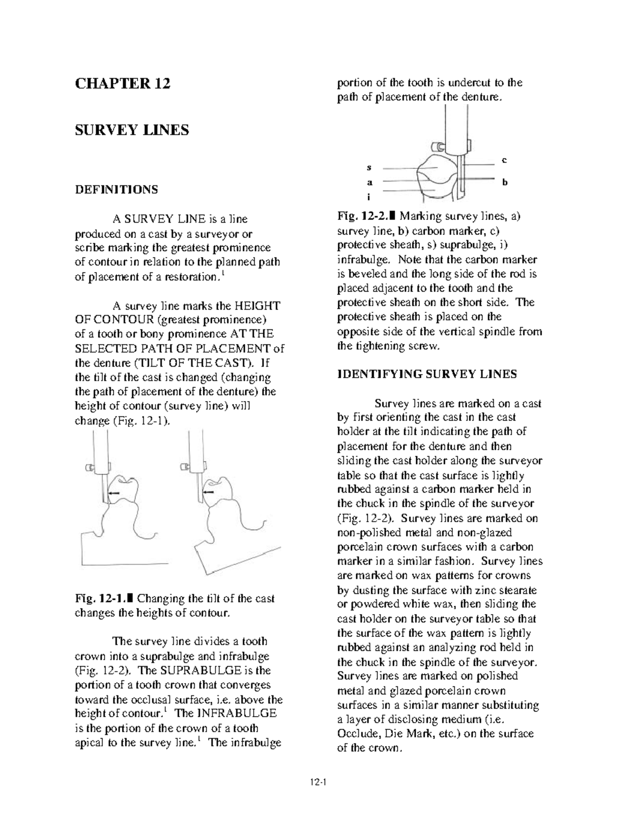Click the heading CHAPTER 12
[x=123, y=83]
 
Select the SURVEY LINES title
[x=132, y=130]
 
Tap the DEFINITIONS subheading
[x=116, y=190]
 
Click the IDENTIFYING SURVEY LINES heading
[x=427, y=374]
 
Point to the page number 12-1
[x=318, y=781]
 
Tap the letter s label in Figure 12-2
[x=369, y=167]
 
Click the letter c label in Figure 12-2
[x=504, y=160]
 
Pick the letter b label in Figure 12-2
[x=505, y=182]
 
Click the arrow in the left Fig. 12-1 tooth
[x=114, y=493]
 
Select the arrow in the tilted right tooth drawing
[x=208, y=492]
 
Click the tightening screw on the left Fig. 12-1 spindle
[x=88, y=467]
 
